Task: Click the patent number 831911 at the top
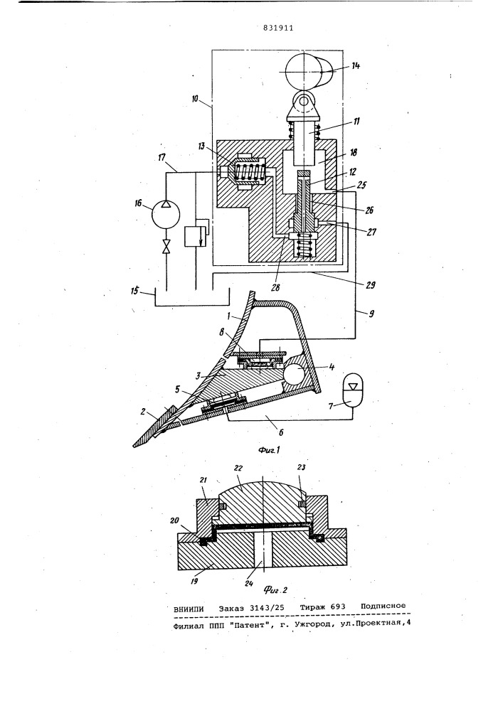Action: (x=278, y=28)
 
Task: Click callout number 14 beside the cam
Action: (x=355, y=65)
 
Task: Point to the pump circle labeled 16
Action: (x=166, y=213)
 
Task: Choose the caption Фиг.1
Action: (x=270, y=450)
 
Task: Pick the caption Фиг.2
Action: (x=275, y=590)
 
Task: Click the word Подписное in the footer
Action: (x=383, y=606)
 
